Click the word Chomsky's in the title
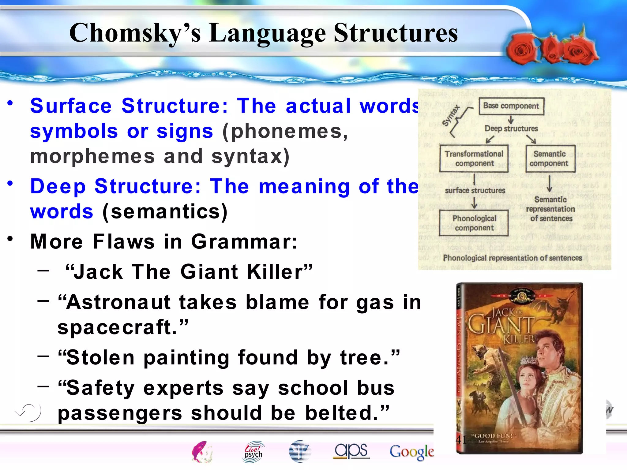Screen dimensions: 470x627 tap(135, 33)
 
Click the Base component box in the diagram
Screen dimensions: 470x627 tap(511, 106)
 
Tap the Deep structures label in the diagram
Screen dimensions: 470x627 tap(511, 129)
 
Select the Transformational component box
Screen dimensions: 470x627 tap(474, 159)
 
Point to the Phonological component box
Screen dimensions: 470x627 tap(474, 223)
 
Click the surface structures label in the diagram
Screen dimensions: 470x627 tap(475, 190)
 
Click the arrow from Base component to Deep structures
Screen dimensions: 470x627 tap(511, 120)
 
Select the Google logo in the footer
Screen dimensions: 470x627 tap(411, 452)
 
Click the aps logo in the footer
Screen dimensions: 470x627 tap(351, 451)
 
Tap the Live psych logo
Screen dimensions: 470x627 tap(253, 451)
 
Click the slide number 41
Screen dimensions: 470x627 tap(461, 440)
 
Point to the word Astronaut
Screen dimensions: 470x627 tap(118, 302)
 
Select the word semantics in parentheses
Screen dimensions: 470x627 tap(165, 211)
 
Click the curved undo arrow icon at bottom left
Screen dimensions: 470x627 tap(29, 412)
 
